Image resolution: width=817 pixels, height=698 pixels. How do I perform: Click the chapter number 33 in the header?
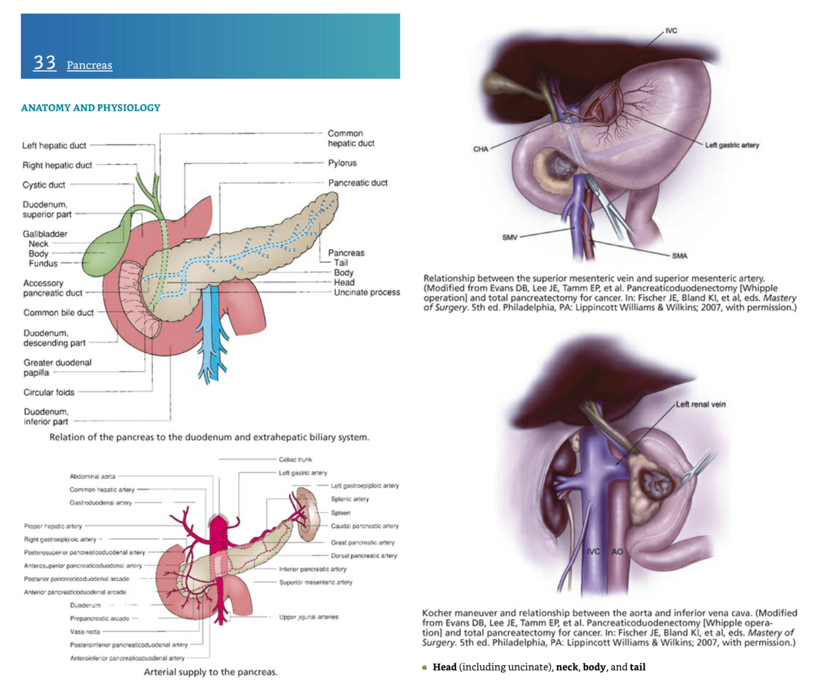45,62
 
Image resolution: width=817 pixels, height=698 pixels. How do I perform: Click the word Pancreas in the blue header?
89,65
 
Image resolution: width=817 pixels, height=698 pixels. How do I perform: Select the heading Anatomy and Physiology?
91,108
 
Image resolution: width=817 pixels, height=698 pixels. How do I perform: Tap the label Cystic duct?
43,185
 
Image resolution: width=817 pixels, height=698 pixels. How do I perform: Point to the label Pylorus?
342,163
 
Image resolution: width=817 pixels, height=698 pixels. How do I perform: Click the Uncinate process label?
366,292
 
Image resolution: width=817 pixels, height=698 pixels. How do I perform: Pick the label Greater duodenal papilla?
57,367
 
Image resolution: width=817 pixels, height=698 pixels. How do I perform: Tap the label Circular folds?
48,392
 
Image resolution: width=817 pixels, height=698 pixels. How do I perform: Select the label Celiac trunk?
295,459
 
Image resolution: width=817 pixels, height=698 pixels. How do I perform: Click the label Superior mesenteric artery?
315,582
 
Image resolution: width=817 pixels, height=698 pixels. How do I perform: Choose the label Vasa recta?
85,631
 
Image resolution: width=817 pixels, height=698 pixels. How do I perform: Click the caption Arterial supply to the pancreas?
210,672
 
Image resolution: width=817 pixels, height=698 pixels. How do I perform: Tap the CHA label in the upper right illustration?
481,149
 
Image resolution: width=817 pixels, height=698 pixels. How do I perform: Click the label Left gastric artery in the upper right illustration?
731,145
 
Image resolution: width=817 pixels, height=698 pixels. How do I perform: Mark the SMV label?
510,237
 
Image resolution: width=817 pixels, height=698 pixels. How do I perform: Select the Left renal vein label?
701,404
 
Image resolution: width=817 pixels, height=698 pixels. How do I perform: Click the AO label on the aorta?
617,551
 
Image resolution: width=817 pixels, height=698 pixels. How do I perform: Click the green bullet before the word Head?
424,667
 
